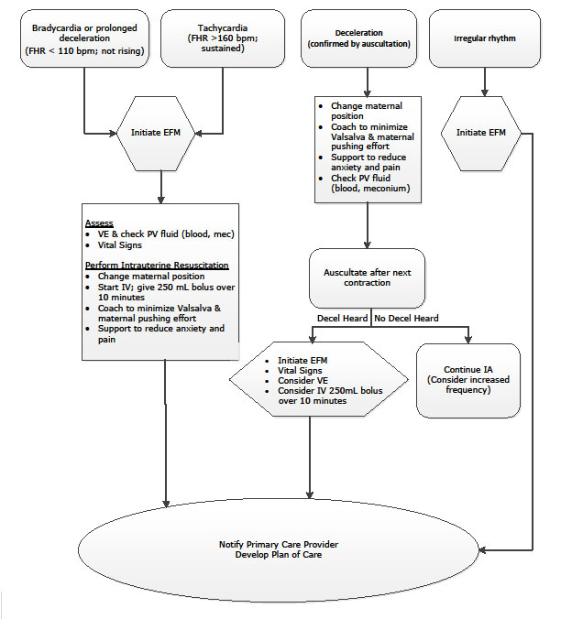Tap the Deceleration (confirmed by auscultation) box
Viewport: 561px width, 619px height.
click(x=368, y=38)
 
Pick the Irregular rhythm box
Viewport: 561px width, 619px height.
click(x=483, y=38)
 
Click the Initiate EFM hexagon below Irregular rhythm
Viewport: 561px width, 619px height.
click(x=483, y=134)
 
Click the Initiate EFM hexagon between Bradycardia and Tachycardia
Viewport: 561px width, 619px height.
click(x=161, y=134)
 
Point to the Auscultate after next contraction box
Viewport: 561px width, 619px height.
click(x=368, y=277)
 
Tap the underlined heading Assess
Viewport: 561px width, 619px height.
click(x=100, y=223)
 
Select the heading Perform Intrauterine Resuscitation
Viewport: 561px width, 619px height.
click(x=157, y=266)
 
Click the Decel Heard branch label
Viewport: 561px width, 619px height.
click(x=338, y=319)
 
